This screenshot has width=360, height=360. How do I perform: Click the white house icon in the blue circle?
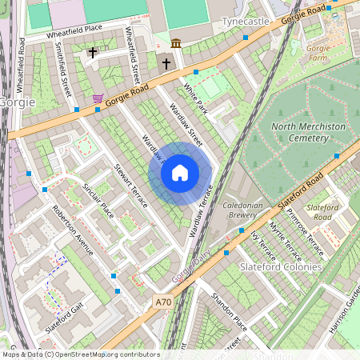pos(180,173)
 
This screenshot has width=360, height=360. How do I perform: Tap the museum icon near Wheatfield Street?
pos(176,42)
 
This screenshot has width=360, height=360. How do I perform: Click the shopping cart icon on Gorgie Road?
pos(98,98)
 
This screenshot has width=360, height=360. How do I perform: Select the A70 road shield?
pos(163,302)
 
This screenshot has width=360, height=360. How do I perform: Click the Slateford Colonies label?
pos(286,266)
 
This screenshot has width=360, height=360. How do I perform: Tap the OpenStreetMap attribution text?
pos(80,354)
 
